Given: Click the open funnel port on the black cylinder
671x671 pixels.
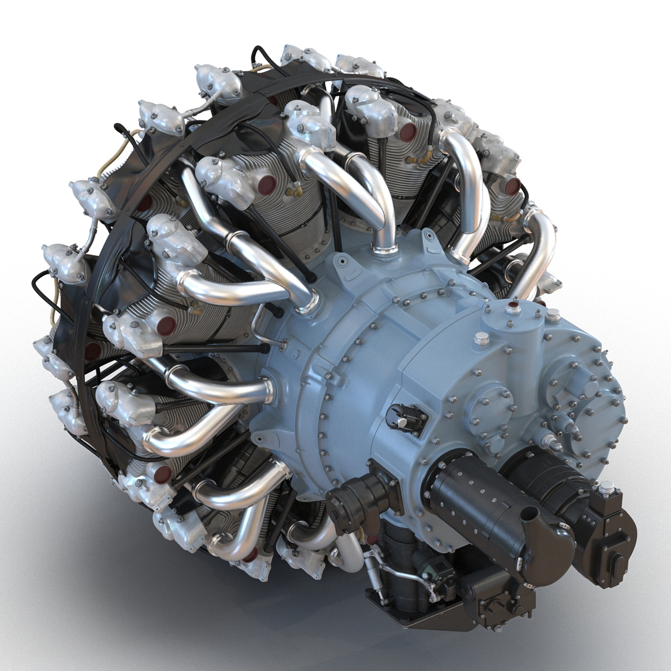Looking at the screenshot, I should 529,514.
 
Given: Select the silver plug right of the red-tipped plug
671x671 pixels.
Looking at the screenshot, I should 552,315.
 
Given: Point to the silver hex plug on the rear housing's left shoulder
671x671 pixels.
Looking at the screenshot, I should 482,339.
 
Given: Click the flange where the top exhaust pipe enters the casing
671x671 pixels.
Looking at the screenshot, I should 385,250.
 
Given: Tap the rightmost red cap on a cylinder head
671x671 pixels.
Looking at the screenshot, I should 513,186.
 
